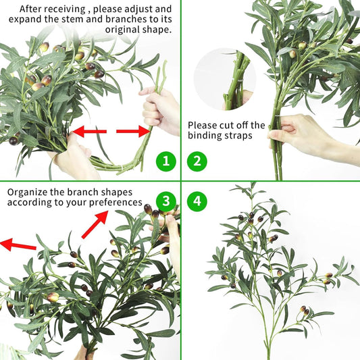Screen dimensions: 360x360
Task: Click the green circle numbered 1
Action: pyautogui.click(x=166, y=161)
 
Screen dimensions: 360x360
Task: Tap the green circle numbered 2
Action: pyautogui.click(x=197, y=161)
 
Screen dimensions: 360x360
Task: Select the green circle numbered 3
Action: pyautogui.click(x=165, y=201)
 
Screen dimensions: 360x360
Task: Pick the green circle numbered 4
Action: pyautogui.click(x=197, y=201)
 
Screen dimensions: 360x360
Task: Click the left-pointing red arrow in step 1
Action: pyautogui.click(x=89, y=131)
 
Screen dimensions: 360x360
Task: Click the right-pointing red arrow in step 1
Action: pyautogui.click(x=133, y=131)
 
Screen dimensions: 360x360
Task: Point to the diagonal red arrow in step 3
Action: pyautogui.click(x=95, y=224)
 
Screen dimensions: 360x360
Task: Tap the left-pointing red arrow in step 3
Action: pyautogui.click(x=18, y=245)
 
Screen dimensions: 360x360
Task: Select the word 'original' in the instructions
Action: pyautogui.click(x=122, y=30)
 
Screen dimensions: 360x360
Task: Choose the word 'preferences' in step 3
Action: pyautogui.click(x=115, y=203)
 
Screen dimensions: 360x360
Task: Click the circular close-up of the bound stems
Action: pyautogui.click(x=225, y=79)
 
